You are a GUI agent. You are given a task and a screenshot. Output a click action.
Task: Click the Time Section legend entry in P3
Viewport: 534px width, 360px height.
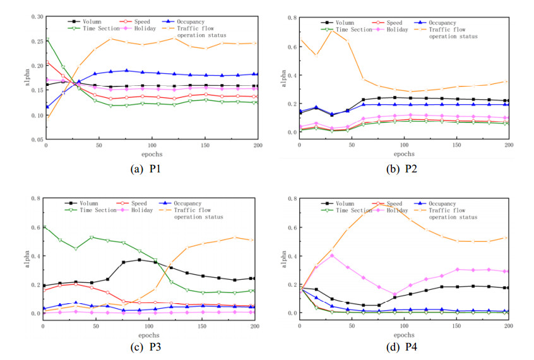(x=88, y=210)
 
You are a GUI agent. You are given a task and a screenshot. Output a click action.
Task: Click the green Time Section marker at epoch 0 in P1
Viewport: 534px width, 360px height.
(x=47, y=39)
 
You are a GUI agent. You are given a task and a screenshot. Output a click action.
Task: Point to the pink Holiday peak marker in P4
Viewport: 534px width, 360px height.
(x=332, y=255)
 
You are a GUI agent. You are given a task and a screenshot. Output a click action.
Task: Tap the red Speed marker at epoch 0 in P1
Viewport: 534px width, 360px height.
(x=47, y=63)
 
